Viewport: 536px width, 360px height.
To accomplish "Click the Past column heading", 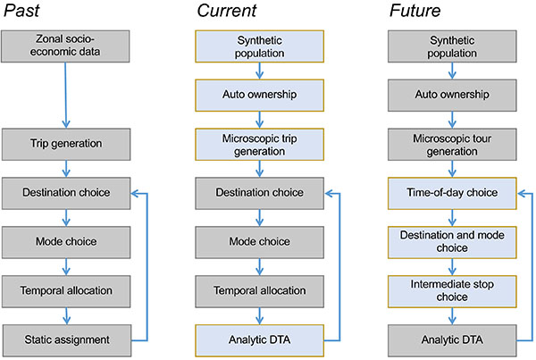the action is (x=21, y=11).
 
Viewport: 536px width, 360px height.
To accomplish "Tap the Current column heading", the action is (x=227, y=11).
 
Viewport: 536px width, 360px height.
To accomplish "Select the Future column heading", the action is (x=415, y=11).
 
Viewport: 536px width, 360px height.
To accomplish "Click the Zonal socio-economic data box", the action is (x=65, y=46).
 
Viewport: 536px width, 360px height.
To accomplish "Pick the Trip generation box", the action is (x=66, y=145).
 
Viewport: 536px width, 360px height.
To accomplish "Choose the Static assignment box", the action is (x=67, y=340).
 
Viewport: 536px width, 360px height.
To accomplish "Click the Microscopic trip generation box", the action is (x=259, y=145).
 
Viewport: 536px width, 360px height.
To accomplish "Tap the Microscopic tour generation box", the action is (x=452, y=145).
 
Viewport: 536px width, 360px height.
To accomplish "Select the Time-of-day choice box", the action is (x=452, y=193).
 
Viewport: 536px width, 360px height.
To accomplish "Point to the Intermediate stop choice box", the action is (x=452, y=291).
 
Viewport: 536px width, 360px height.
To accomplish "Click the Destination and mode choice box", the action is (x=452, y=242).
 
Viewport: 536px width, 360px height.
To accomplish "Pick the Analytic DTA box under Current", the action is (x=259, y=340).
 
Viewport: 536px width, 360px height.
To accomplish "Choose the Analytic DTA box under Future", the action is (x=452, y=340).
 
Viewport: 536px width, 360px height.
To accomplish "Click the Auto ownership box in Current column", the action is (x=259, y=96).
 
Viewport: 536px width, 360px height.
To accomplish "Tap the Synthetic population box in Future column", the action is (x=452, y=46).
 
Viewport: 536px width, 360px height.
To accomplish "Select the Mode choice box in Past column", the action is (x=66, y=242).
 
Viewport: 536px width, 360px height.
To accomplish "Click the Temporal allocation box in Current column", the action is (x=259, y=291).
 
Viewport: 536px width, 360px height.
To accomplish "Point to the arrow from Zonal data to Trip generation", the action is (x=65, y=96).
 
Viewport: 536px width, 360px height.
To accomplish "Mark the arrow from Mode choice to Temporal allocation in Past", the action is (x=66, y=267).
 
